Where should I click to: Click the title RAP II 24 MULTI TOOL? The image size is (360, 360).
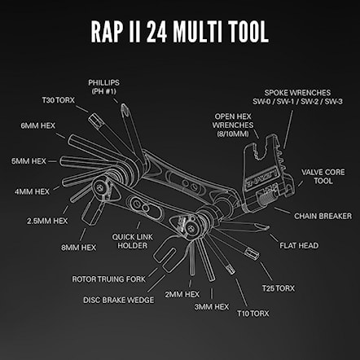pyautogui.click(x=180, y=30)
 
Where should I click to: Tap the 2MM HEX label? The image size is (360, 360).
pyautogui.click(x=182, y=294)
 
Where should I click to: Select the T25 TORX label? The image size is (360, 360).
pyautogui.click(x=279, y=287)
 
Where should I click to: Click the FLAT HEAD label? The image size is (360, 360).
pyautogui.click(x=298, y=244)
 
